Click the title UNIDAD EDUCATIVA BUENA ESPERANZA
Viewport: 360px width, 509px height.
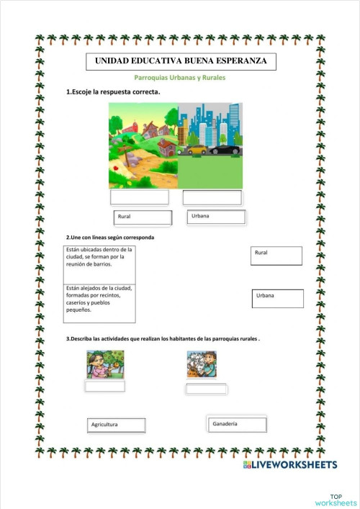click(x=180, y=61)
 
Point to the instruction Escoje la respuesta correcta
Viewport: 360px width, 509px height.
click(x=114, y=92)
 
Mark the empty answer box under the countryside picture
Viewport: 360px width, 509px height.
click(x=140, y=197)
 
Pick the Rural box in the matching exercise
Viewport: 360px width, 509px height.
click(x=276, y=256)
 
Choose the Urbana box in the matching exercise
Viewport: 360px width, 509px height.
click(x=277, y=298)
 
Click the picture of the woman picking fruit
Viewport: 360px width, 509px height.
click(x=105, y=364)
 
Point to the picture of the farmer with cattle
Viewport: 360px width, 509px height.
click(x=202, y=364)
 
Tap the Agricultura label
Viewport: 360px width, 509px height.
click(x=117, y=425)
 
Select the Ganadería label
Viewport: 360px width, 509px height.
click(x=235, y=424)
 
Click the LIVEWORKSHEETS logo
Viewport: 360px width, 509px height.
click(x=290, y=465)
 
